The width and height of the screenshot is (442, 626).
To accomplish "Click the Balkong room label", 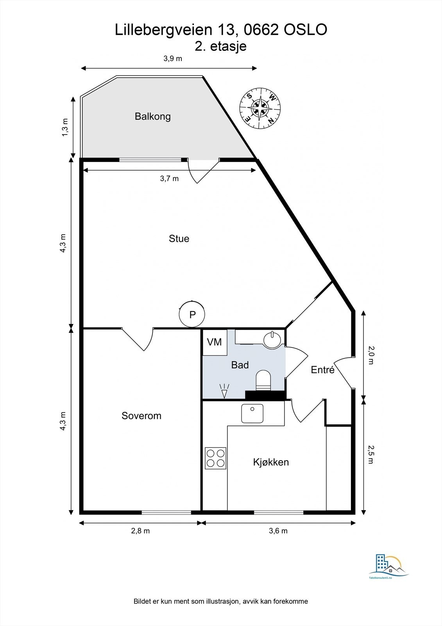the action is coord(152,117).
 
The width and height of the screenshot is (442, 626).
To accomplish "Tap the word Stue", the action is coord(179,239).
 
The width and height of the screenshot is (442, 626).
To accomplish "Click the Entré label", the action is coord(322,370).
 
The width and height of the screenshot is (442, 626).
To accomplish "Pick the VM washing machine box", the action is coord(215,342).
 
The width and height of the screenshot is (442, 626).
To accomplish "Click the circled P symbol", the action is coord(192,315).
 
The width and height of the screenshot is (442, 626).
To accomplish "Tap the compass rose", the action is coord(260,108).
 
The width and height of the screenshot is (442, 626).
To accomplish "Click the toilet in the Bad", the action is coord(263,380).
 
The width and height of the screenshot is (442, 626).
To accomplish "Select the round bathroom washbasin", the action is coord(272,340).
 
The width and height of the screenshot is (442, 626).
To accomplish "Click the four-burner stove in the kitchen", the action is coord(215,458).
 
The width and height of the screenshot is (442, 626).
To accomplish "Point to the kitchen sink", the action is coord(252,413).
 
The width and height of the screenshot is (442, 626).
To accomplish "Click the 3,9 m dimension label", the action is coord(173,58).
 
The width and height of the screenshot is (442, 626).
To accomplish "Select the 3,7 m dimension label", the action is coord(169,178).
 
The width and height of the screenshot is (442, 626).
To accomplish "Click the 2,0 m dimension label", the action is coord(370,355).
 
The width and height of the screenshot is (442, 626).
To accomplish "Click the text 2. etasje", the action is coord(220,46).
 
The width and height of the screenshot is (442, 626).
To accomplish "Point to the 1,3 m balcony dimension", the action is coord(64,128).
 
